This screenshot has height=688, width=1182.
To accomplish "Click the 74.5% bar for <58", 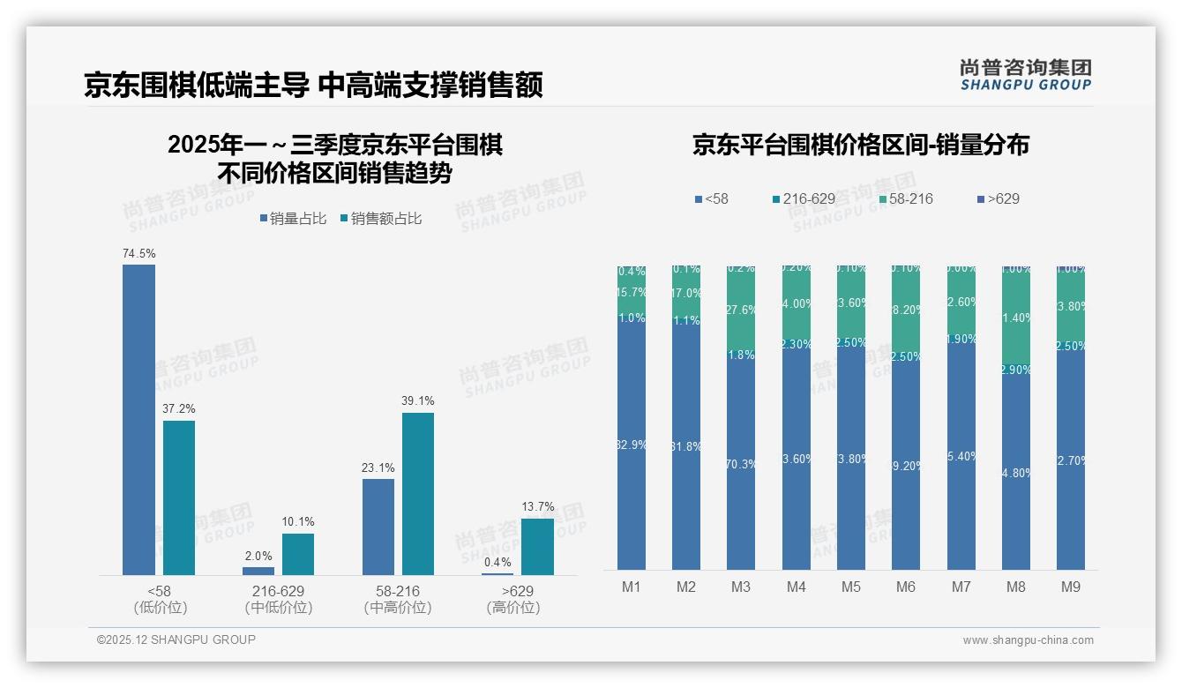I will point(138,420).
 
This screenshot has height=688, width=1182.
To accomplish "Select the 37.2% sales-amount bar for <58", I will point(179,497).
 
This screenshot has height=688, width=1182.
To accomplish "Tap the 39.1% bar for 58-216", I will point(418,494).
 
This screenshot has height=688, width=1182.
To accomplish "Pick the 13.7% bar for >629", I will point(537,547).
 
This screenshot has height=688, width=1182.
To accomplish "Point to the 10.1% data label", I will point(298,522).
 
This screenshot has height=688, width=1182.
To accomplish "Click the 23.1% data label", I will point(378,467).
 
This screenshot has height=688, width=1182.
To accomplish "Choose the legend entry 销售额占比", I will point(380,219).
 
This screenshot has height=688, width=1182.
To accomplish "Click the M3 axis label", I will point(740,587).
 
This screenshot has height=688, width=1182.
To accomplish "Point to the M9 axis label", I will point(1070,587).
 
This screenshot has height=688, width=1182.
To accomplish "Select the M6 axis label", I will point(905,587).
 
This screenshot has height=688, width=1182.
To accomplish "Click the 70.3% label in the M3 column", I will point(741,465).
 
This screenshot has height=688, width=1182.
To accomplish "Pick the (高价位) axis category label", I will point(512,608).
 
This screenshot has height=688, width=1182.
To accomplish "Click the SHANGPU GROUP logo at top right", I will point(1025,75).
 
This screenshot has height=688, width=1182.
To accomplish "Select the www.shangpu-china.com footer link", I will point(1028,640).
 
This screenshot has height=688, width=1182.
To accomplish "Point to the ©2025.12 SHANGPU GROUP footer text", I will point(176,639).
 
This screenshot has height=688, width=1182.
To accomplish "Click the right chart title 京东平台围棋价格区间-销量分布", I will point(860,146).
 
